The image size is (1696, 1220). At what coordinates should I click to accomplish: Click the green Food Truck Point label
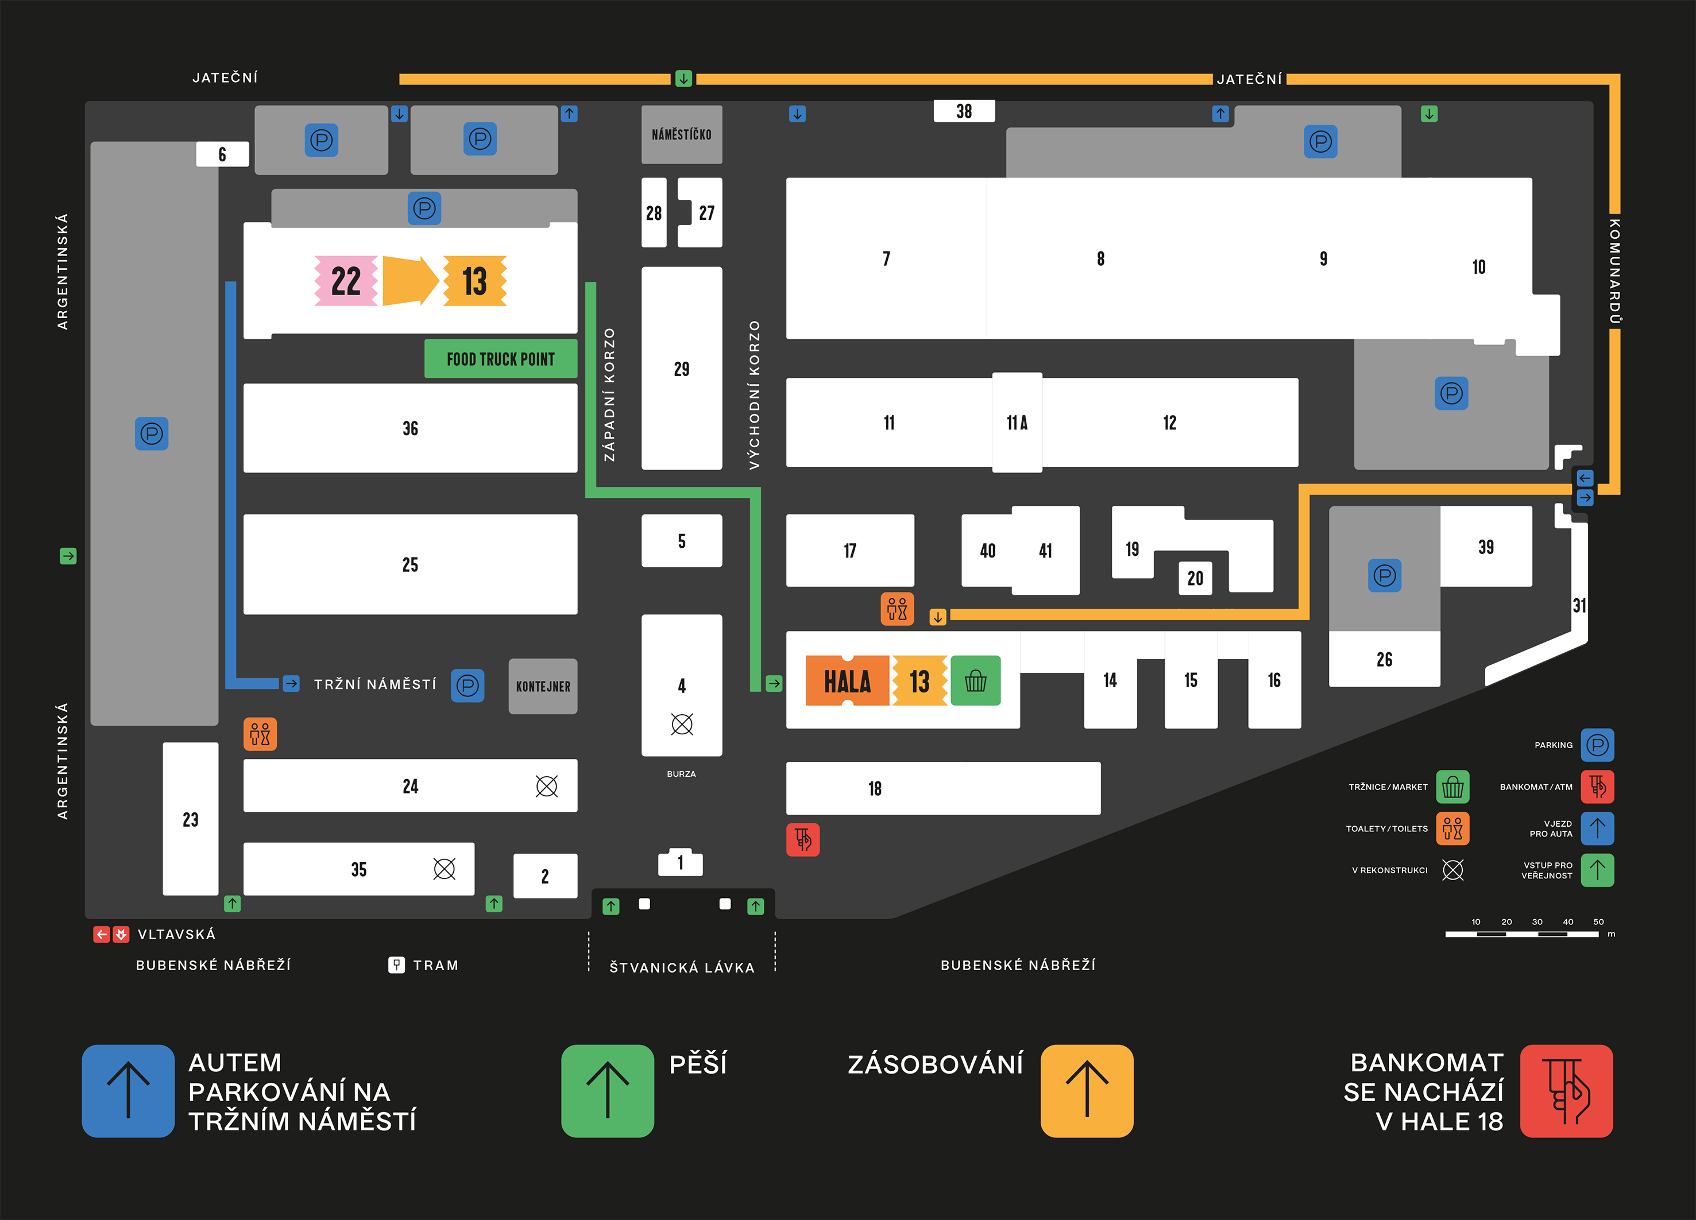point(500,359)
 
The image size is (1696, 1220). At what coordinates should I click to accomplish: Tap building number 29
point(681,369)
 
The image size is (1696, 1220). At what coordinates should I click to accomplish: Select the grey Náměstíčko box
point(681,134)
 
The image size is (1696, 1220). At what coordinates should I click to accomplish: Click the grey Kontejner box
point(543,686)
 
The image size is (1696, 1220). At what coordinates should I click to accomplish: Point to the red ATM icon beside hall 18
point(802,839)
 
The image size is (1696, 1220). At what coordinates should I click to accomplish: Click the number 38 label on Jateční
point(964,111)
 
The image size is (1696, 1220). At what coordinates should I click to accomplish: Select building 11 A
point(1017,423)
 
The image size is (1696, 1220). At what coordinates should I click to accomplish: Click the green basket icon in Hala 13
point(975,681)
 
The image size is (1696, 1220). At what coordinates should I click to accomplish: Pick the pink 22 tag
point(346,281)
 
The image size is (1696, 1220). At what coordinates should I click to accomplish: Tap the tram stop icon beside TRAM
point(396,965)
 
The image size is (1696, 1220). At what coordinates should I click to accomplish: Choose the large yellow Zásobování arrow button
point(1086,1091)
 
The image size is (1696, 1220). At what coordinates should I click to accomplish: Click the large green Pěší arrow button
point(607,1091)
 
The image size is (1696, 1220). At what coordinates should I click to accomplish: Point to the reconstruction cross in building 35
point(444,869)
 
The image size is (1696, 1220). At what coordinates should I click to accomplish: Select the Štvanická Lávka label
point(681,967)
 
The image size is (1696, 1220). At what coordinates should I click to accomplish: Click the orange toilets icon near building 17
point(897,609)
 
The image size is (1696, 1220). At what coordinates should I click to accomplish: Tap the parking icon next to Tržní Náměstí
point(468,685)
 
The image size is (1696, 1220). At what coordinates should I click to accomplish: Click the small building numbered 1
point(680,863)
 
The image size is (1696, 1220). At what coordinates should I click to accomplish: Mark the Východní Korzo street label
point(755,395)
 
